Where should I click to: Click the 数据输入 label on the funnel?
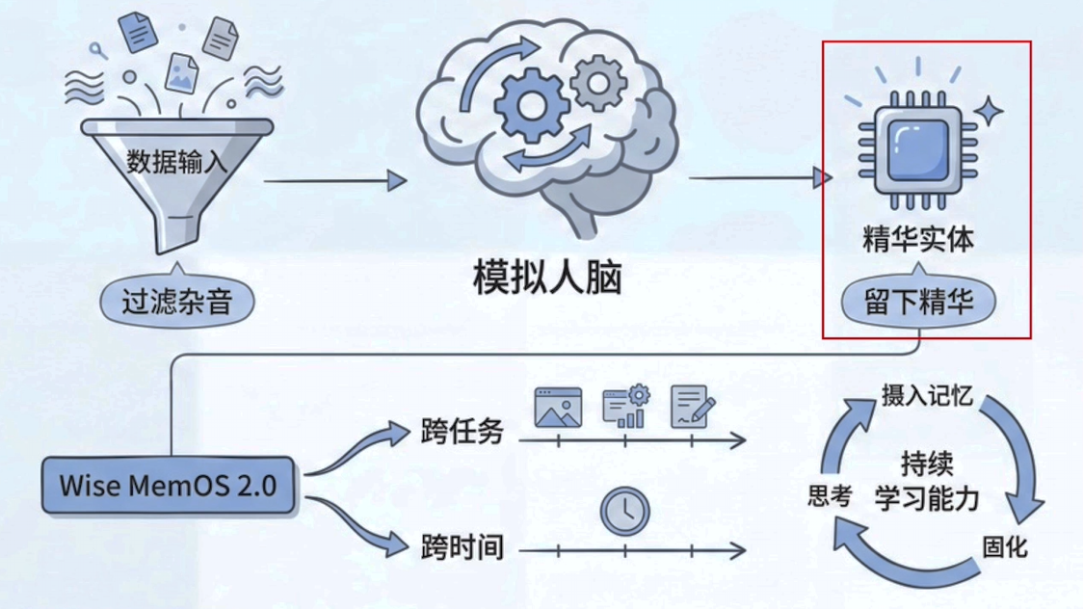177,162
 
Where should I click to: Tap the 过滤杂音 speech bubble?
177,303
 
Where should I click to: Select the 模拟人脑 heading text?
547,278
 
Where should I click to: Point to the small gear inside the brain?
598,82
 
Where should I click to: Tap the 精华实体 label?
917,239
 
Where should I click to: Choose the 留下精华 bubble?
917,303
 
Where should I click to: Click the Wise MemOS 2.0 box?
168,484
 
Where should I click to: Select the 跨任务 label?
462,431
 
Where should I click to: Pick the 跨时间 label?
462,547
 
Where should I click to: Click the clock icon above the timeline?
625,512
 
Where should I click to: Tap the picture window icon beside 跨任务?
558,408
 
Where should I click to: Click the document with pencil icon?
692,407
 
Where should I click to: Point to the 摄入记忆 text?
927,396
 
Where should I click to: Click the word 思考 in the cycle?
830,496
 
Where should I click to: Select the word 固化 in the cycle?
1005,546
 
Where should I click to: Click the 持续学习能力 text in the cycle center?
927,481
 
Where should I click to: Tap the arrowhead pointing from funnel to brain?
397,180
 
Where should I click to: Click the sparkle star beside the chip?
988,112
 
